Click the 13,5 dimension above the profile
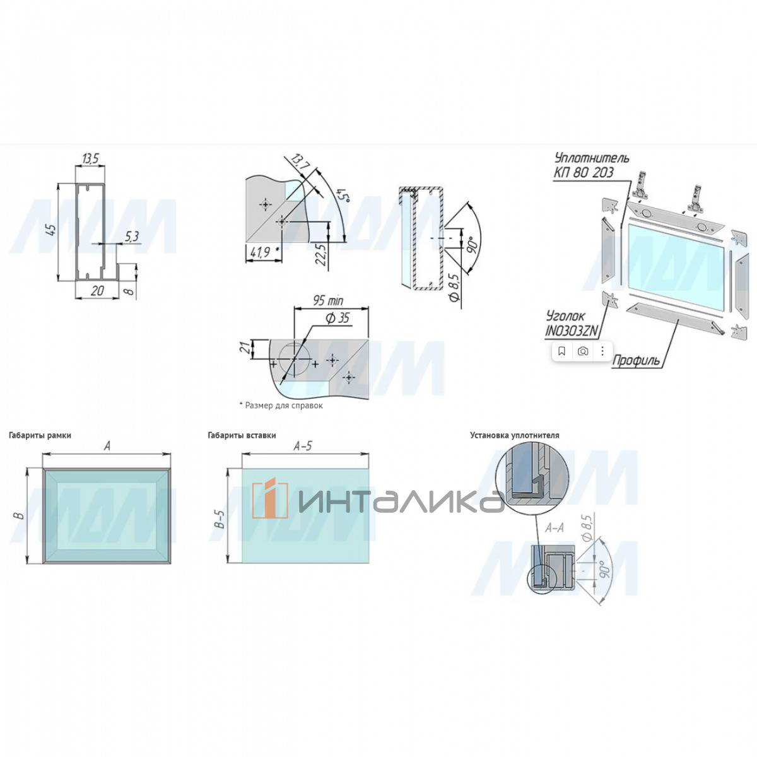click(91, 159)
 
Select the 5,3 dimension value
click(132, 237)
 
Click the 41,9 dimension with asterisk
click(261, 252)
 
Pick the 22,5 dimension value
click(320, 254)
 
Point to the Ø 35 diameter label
click(337, 318)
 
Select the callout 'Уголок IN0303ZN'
click(572, 322)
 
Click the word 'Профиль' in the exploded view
click(637, 360)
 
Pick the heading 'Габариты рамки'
click(40, 435)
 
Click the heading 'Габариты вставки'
click(242, 435)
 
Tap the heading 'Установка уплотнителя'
click(514, 435)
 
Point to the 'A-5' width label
click(303, 447)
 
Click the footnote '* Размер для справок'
click(281, 406)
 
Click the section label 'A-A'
click(553, 529)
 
